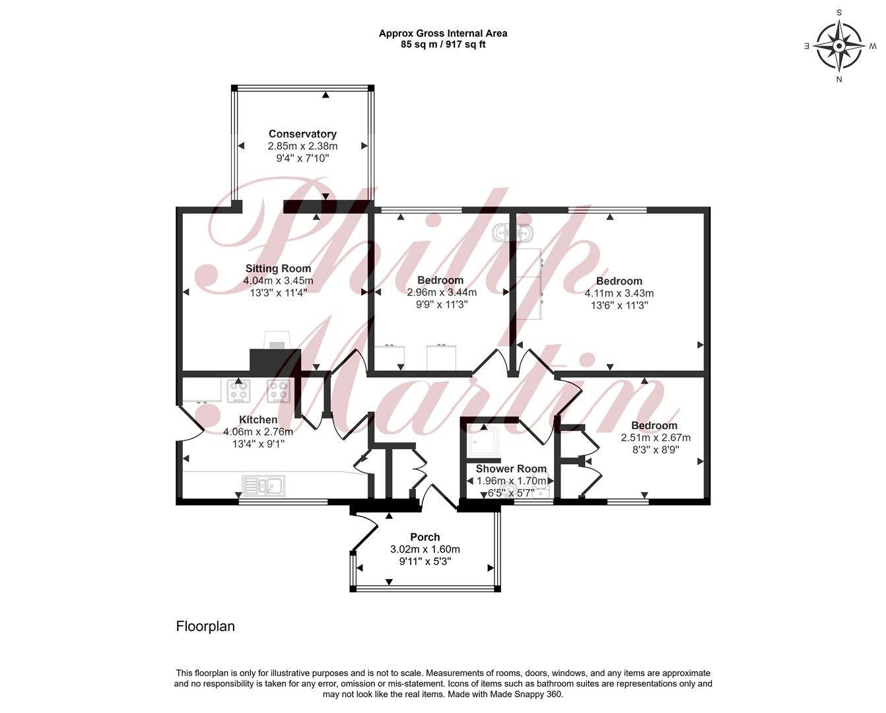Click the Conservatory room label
302,134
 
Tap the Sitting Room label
279,269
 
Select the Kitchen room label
258,419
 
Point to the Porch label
425,537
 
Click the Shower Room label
511,469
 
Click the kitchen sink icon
263,486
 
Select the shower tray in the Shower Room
484,442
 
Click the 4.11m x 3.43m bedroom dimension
619,293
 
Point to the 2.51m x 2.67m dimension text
656,438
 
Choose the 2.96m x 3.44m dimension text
442,292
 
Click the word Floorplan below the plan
205,626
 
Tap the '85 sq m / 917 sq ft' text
443,44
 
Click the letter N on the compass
839,80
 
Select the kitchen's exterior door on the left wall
190,424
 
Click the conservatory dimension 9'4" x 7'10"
302,158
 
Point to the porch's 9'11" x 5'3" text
425,561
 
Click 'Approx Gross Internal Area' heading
443,34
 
